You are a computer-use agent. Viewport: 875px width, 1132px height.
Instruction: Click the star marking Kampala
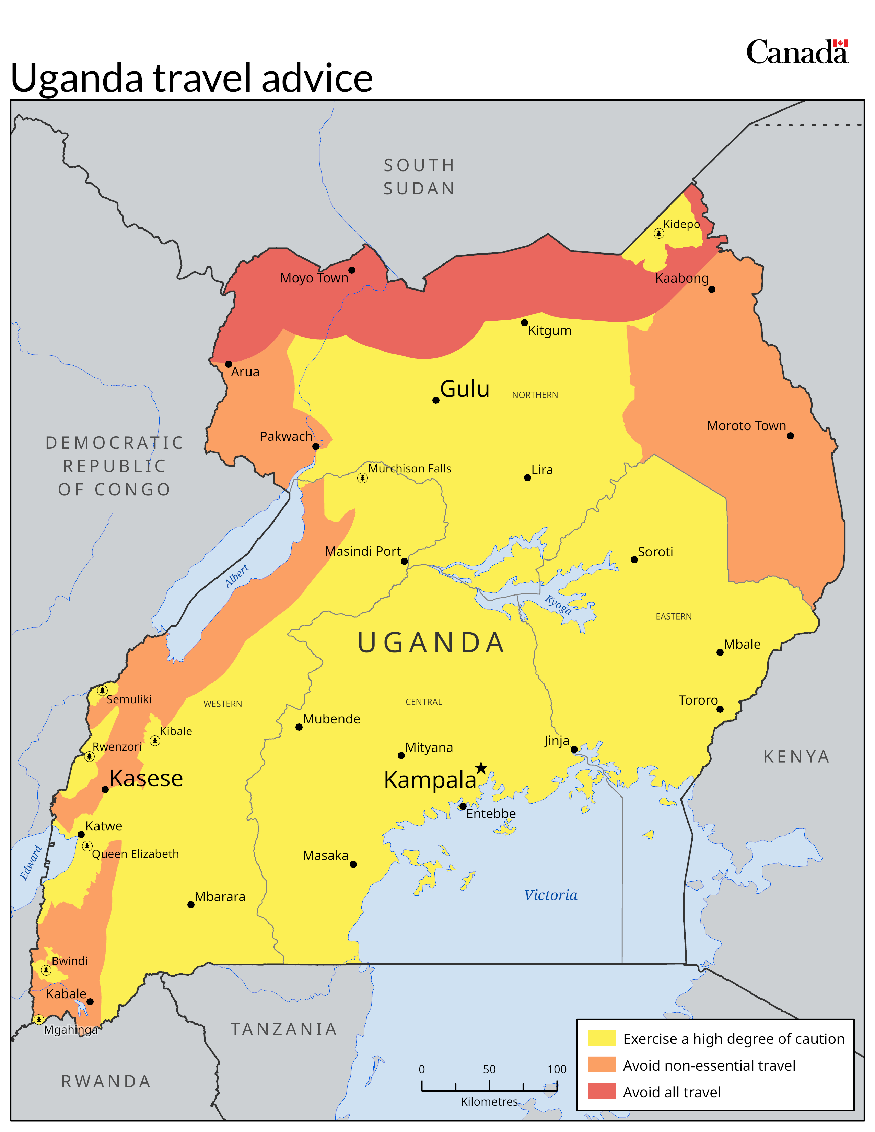tap(481, 768)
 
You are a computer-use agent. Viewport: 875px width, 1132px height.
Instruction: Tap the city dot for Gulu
tap(436, 400)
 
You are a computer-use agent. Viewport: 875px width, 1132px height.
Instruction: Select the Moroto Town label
tap(746, 426)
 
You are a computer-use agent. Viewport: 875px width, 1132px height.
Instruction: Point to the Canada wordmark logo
tap(797, 52)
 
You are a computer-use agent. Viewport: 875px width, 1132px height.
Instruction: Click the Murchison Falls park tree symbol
tap(362, 478)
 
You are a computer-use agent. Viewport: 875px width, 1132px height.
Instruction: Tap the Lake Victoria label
tap(550, 895)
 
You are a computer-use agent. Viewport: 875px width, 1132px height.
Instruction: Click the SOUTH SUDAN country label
tap(419, 177)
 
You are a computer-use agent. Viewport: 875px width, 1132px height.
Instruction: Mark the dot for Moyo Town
tap(351, 270)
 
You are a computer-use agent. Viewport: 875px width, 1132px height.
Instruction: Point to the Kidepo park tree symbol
tap(658, 233)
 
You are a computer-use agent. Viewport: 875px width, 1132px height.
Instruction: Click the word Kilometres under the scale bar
tap(489, 1101)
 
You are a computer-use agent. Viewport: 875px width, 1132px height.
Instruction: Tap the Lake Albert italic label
tap(237, 576)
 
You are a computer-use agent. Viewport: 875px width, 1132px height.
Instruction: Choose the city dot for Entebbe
tap(463, 806)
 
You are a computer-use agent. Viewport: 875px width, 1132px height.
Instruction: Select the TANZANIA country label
tap(283, 1029)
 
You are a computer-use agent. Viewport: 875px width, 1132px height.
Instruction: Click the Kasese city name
tap(146, 778)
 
